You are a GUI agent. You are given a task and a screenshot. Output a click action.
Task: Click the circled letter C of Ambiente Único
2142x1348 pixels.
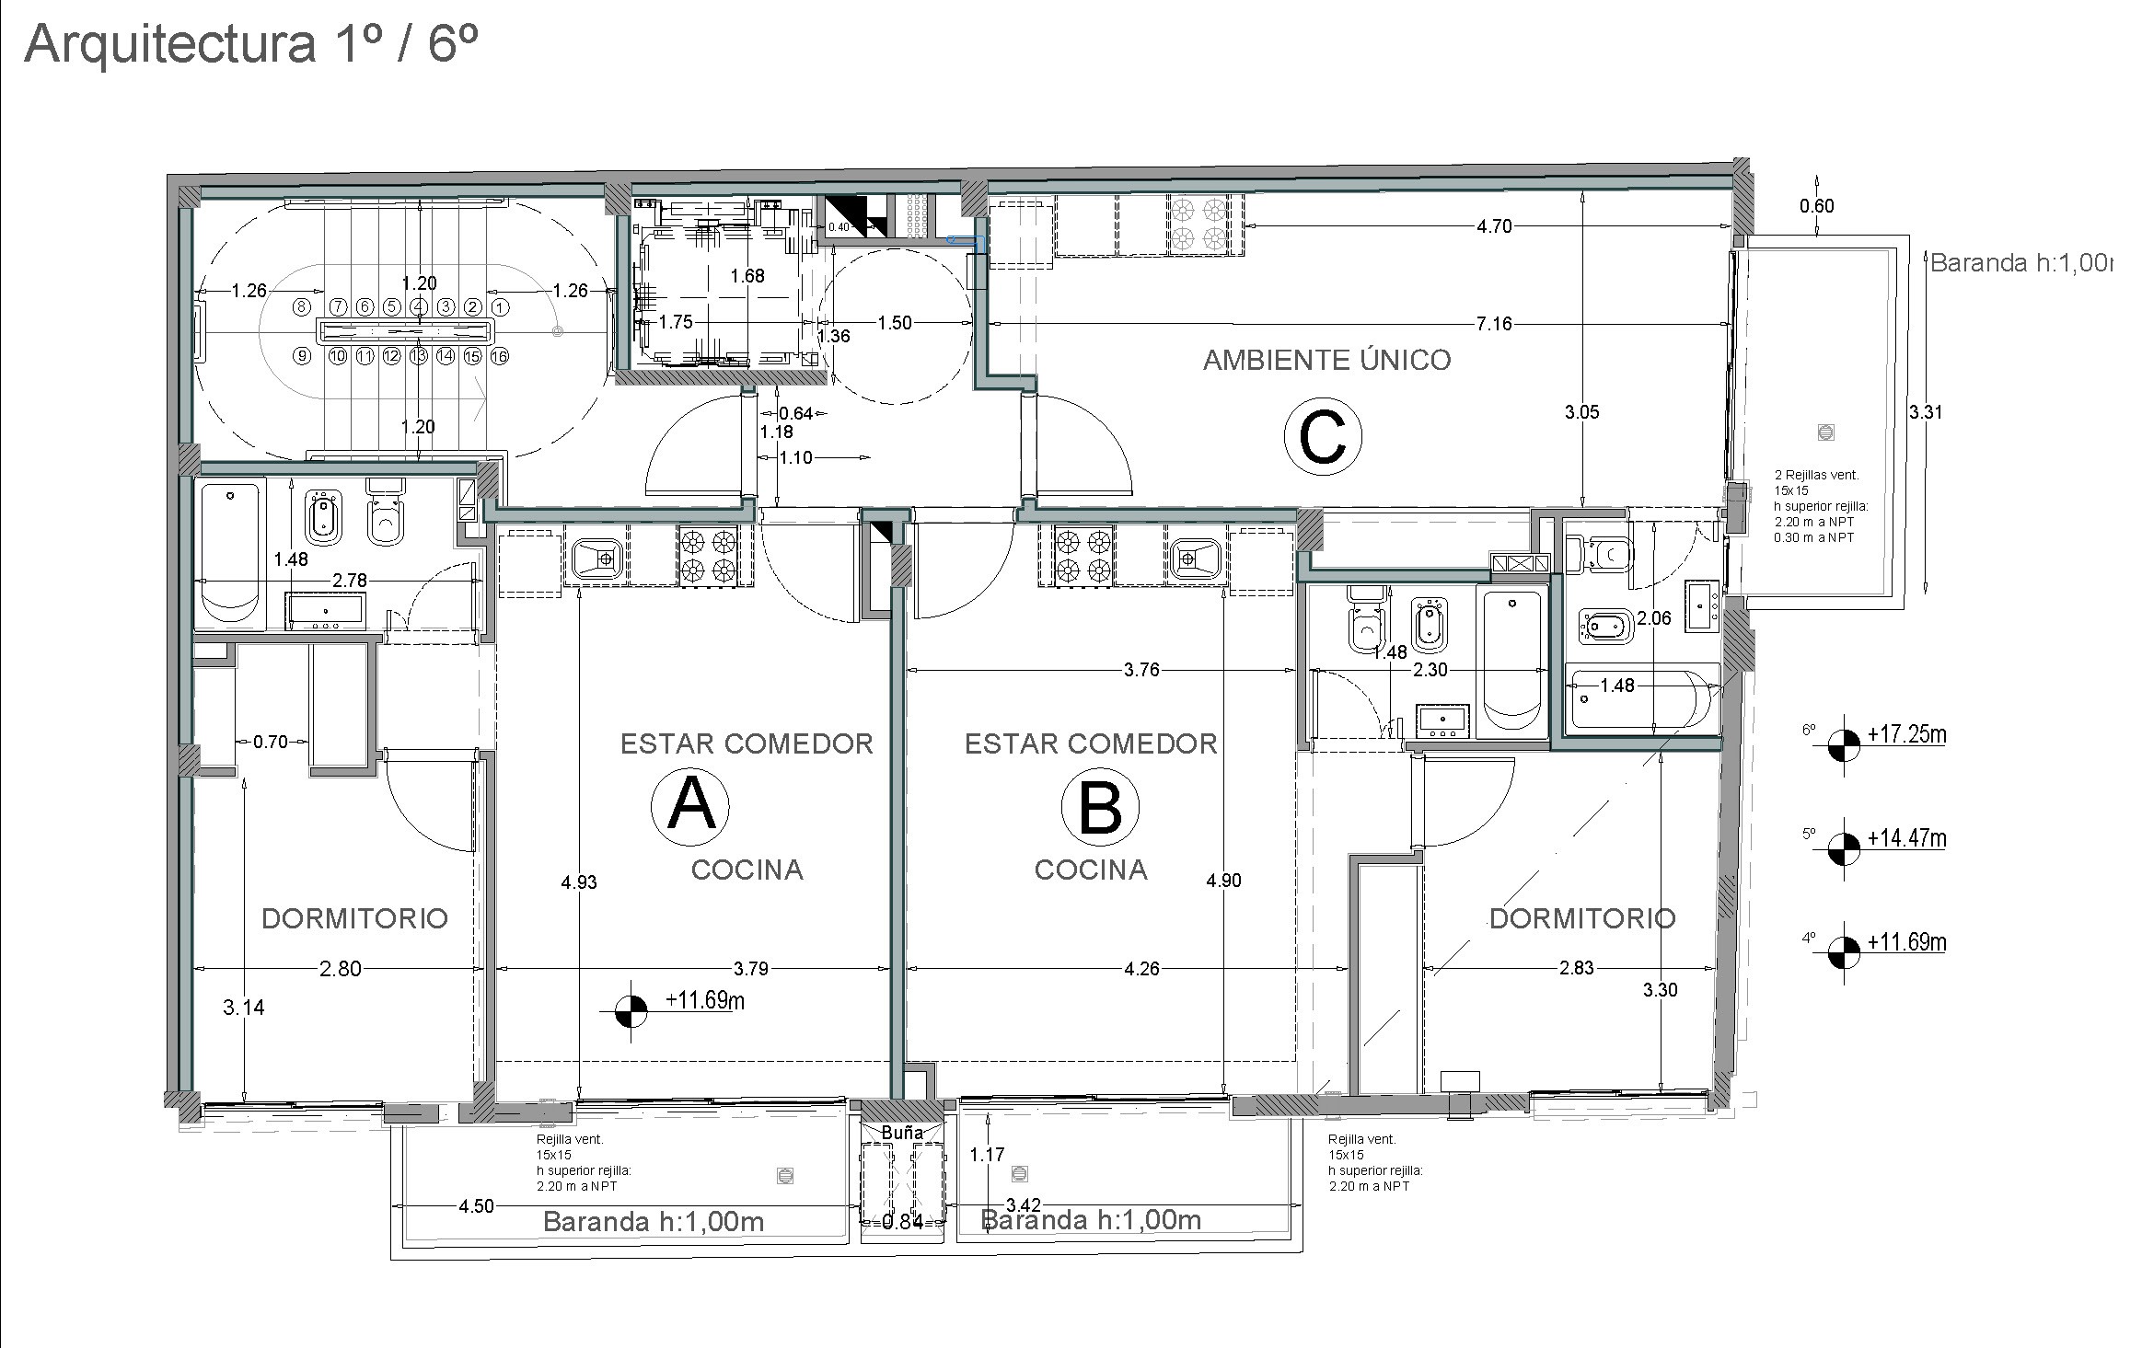coord(1322,437)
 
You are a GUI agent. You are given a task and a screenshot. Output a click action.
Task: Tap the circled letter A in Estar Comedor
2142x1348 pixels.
coord(690,807)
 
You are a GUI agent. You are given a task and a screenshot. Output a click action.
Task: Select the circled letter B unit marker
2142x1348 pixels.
coord(1100,807)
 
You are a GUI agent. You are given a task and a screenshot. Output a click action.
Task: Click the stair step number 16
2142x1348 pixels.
coord(500,355)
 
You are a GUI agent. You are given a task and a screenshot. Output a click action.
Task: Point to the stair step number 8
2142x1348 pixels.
coord(300,306)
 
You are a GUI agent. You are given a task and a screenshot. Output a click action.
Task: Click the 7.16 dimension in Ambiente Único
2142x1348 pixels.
coord(1493,324)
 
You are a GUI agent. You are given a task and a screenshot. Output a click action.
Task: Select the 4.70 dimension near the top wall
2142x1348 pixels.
coord(1494,226)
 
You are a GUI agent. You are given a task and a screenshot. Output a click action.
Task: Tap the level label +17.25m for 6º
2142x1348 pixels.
coord(1906,734)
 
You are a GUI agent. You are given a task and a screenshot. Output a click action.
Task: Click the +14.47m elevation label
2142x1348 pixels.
coord(1906,838)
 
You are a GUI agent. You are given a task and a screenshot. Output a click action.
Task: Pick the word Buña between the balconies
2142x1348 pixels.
coord(901,1133)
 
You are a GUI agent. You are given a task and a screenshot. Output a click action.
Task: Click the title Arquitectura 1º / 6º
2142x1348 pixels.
coord(250,44)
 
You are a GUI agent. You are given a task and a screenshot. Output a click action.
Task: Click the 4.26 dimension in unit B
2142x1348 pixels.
coord(1141,968)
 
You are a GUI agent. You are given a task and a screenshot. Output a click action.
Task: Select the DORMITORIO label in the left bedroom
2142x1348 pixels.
coord(354,917)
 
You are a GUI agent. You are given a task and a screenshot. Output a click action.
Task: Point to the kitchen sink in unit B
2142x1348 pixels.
coord(1195,557)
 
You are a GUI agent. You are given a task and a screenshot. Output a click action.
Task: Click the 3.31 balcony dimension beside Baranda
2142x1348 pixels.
coord(1925,411)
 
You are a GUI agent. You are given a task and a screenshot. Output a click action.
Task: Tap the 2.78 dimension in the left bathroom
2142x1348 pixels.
coord(350,580)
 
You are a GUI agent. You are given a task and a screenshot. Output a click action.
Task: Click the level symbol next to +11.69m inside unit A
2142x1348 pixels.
coord(631,1012)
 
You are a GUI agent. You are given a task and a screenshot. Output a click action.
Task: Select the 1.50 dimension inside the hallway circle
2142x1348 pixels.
coord(894,323)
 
